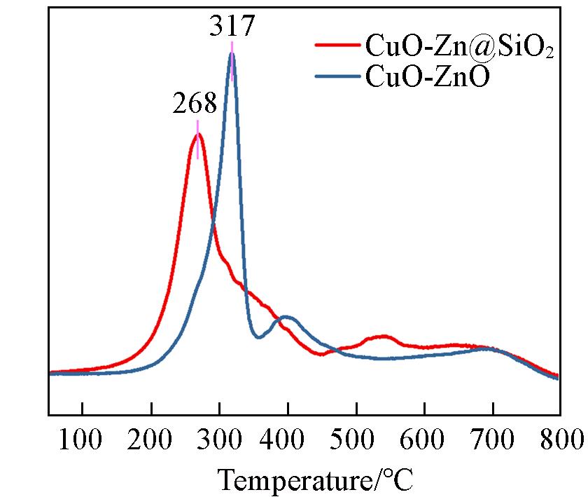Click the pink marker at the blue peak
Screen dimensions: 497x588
[x=232, y=61]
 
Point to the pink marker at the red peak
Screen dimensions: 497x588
[x=198, y=139]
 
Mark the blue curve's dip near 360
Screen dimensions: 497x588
[x=258, y=337]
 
